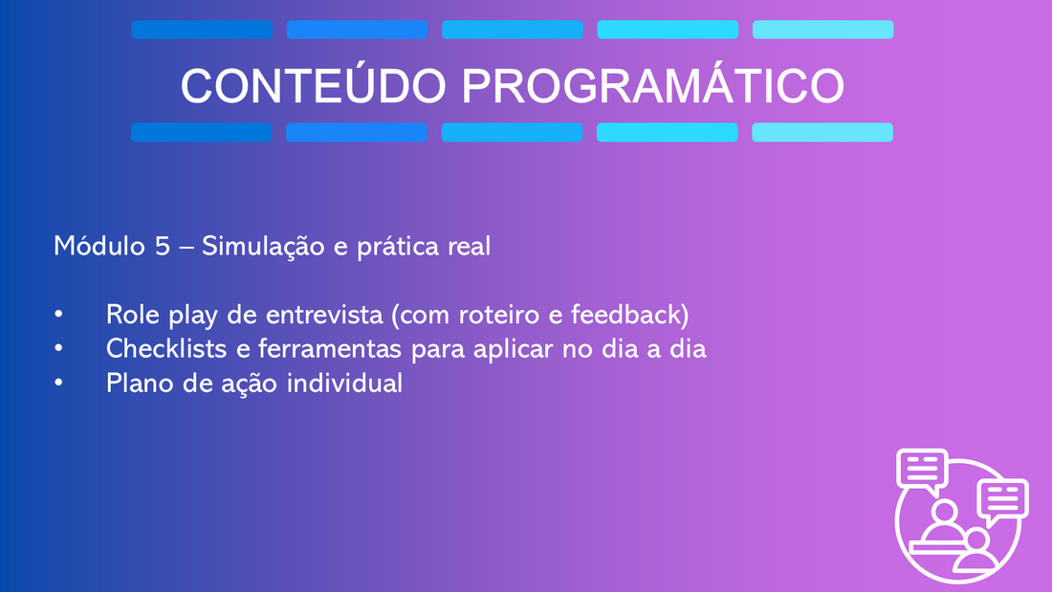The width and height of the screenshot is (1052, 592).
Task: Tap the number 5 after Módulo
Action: (x=163, y=247)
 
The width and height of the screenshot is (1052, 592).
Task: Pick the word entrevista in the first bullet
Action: (x=324, y=315)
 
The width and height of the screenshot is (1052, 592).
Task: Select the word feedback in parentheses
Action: (x=629, y=315)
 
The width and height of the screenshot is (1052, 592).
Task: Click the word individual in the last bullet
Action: (x=344, y=384)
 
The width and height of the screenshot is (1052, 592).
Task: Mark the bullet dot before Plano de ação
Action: (x=59, y=383)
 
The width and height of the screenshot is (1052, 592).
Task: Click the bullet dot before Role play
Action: (x=59, y=314)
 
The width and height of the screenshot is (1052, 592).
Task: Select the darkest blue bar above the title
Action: (x=202, y=30)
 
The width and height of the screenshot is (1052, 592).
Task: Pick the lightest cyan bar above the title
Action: (x=822, y=30)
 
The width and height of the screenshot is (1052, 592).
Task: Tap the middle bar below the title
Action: (x=512, y=132)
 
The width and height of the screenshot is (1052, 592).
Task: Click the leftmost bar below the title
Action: (x=201, y=132)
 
